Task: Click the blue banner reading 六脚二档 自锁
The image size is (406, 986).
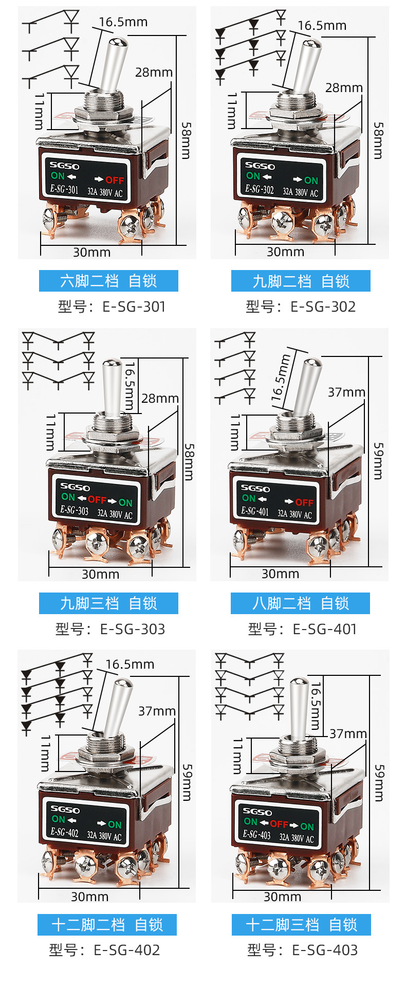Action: [108, 281]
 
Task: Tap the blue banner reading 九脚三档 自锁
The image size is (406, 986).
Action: [108, 603]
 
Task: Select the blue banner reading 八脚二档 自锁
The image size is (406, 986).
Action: [300, 603]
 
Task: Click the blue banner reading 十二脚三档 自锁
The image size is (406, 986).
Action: [301, 925]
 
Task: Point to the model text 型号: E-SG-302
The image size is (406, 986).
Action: [301, 307]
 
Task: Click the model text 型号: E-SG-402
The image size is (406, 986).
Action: [105, 949]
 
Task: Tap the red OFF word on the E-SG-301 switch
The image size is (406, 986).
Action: [115, 180]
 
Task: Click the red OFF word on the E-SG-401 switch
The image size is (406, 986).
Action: [304, 502]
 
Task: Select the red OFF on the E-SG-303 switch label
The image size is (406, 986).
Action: [97, 499]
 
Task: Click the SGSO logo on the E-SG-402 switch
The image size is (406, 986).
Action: [65, 809]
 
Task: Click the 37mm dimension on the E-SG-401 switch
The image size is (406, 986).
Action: [346, 392]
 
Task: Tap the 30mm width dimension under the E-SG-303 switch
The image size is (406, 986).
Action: [100, 574]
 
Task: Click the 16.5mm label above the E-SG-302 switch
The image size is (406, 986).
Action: [322, 25]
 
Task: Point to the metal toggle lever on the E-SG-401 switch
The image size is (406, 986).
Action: [307, 385]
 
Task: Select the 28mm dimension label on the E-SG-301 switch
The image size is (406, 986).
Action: [154, 73]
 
